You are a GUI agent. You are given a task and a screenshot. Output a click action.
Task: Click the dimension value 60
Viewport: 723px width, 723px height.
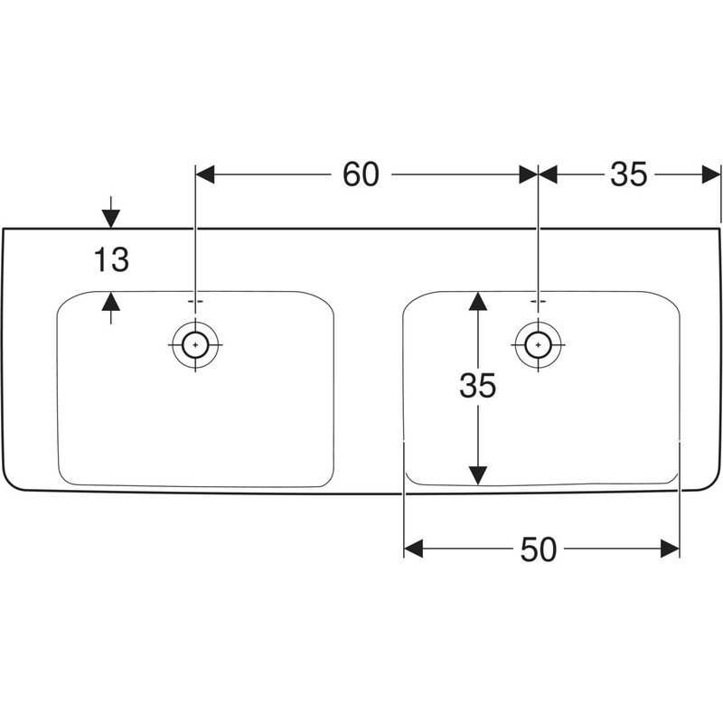tap(361, 174)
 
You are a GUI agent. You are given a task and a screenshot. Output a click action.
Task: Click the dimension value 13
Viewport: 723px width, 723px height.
tap(111, 261)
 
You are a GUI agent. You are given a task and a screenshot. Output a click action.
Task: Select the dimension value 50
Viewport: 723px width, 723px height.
tap(539, 549)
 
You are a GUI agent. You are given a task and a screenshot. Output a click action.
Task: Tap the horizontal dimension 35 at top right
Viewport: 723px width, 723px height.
tap(628, 174)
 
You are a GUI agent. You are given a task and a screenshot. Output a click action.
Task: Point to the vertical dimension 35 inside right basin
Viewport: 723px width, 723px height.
tap(477, 387)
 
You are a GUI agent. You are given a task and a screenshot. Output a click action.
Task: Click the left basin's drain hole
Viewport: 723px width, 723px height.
tap(195, 344)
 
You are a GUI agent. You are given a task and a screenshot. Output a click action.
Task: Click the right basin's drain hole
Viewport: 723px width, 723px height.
tap(538, 344)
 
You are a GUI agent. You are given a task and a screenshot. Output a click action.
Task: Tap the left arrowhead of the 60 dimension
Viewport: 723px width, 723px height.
tap(204, 174)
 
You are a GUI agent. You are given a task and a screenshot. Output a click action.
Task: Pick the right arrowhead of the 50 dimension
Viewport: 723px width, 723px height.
tap(670, 549)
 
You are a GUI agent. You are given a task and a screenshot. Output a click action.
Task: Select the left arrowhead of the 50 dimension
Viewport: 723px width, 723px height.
tap(413, 549)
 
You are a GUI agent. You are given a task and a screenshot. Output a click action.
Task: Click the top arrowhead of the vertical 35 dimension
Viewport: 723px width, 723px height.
tap(477, 300)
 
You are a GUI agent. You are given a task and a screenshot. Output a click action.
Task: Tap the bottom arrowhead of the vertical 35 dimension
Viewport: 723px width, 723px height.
tap(477, 474)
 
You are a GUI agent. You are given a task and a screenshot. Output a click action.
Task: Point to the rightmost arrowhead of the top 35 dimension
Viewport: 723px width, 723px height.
tap(712, 174)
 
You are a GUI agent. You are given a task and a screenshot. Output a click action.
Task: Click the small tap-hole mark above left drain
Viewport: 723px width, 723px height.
tap(195, 299)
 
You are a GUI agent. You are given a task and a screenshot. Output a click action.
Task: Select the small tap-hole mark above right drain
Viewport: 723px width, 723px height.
tap(538, 299)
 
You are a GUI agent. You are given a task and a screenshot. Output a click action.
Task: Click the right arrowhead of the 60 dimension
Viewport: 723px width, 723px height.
tap(529, 174)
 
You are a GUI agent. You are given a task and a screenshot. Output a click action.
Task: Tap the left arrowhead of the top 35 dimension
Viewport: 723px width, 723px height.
tap(548, 174)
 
